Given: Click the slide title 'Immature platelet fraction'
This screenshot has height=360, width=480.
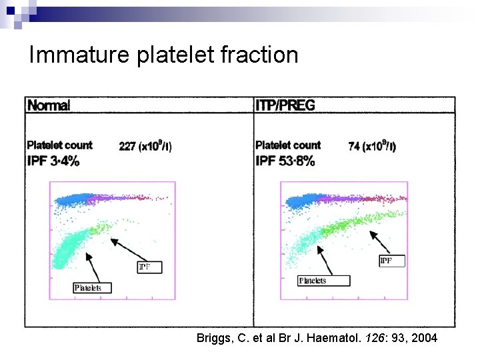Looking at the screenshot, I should tap(163, 54).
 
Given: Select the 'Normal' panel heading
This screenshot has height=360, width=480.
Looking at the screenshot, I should tap(49, 105).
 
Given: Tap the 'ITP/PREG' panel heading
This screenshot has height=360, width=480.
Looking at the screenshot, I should tap(285, 105).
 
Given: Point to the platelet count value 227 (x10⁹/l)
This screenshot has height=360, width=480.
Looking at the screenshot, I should tap(145, 146).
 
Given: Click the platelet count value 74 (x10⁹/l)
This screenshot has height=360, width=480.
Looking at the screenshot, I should tap(372, 146).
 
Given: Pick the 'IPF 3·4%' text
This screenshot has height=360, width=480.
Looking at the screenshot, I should tap(53, 161).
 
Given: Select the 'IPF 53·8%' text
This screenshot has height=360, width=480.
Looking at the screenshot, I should tap(285, 161).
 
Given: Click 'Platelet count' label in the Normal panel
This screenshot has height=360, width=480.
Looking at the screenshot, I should tap(59, 145).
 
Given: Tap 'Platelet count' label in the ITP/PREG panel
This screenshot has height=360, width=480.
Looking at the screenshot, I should tap(288, 145).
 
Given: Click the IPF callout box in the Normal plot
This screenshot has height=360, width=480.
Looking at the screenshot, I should tap(149, 267).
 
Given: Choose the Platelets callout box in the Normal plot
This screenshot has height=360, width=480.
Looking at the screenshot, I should tap(92, 287).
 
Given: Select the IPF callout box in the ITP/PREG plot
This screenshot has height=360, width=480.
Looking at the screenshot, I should tap(391, 260).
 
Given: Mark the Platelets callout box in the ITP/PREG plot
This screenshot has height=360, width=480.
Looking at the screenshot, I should tap(323, 281).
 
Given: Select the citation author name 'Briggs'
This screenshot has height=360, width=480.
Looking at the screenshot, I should tap(213, 338).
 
